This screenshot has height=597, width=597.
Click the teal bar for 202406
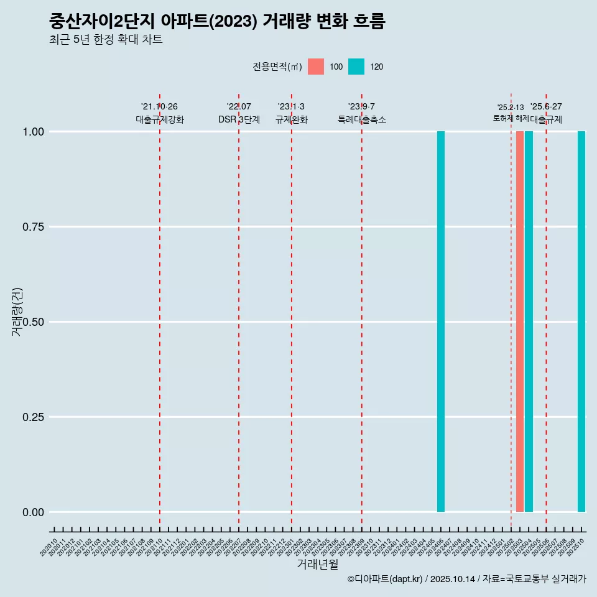coord(440,322)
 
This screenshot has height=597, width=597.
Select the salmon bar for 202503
coord(519,322)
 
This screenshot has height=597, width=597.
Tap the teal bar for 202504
coord(529,322)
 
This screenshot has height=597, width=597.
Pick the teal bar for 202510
coord(581,322)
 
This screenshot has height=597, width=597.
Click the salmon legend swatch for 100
coord(316,67)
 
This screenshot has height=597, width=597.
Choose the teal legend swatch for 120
coord(356,67)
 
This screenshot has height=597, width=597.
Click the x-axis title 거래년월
coord(317,564)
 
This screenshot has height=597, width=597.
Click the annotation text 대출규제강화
coord(160,119)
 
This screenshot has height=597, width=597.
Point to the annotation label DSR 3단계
coord(239,119)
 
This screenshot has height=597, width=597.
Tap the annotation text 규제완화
coord(292,119)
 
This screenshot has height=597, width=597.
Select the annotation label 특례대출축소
coord(362,119)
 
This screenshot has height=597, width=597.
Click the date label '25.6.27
coord(546,106)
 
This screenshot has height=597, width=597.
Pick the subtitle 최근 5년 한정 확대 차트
coord(106,40)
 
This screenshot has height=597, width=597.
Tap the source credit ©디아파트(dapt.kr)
coord(385,579)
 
